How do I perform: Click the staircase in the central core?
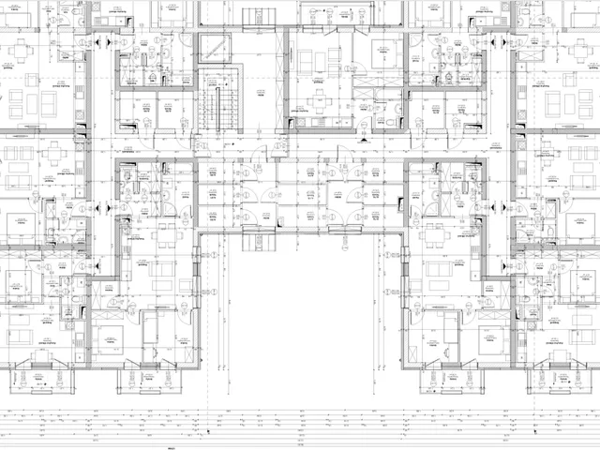[214, 108]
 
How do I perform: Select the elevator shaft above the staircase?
[214, 49]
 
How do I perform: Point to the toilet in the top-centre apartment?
[390, 121]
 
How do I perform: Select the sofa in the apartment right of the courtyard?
[436, 272]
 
